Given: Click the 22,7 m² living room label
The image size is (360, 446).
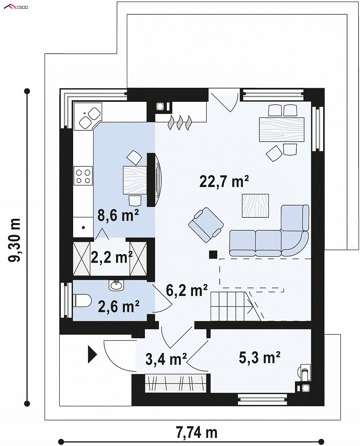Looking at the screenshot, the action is pos(224,181).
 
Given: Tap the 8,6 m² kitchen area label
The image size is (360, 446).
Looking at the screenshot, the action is pos(118,215).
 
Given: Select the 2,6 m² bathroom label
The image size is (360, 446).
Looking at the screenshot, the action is pos(118,306).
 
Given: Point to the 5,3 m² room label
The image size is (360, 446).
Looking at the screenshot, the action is pos(259,357).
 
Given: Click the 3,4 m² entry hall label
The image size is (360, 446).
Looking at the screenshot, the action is pos(166,359).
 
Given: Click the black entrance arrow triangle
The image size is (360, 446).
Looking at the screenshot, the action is pos(92,354).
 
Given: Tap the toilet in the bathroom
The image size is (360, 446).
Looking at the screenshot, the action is pos(82,301).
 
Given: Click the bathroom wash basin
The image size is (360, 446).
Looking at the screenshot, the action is pos(116,286).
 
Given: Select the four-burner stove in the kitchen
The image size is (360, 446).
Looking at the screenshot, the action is pos(83,176).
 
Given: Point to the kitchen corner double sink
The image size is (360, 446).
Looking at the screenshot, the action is pos(90,118).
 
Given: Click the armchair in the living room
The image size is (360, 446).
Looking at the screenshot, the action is pos(206,225).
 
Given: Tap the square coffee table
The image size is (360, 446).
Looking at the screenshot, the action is pos(255,205).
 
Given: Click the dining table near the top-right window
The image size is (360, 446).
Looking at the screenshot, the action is pos(282,130).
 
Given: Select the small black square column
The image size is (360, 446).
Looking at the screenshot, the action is pos(213,255).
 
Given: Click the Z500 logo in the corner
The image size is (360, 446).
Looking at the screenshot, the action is pos(16,7).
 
